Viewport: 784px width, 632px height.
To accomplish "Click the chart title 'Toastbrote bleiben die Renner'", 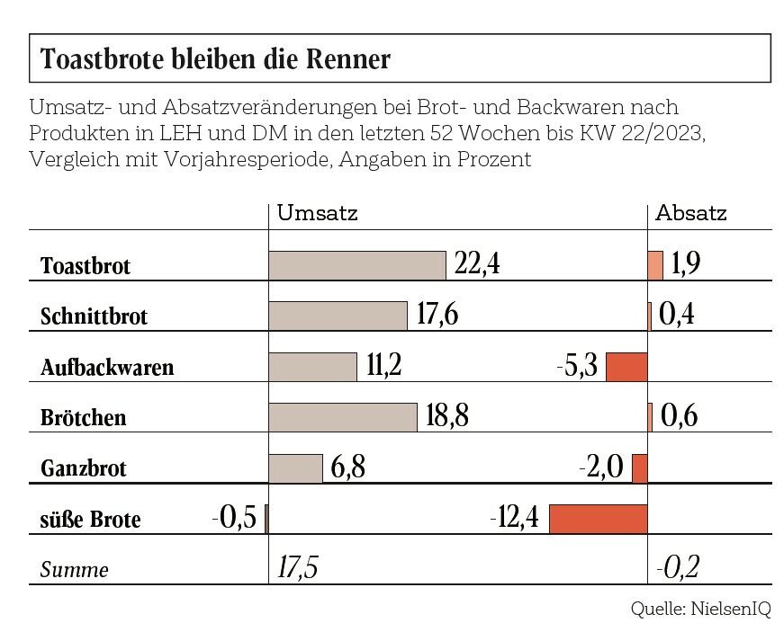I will [x=216, y=59].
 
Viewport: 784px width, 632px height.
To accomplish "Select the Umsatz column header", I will [x=317, y=214].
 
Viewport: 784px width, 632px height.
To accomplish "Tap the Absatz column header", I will [x=690, y=214].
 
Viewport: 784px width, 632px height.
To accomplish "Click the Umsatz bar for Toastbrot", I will [x=357, y=265].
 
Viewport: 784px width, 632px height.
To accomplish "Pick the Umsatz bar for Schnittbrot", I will [x=338, y=316].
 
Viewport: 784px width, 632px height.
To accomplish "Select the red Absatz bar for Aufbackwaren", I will [x=626, y=367].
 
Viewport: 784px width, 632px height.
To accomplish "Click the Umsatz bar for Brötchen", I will [x=343, y=417].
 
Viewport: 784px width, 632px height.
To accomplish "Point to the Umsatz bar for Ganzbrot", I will [x=295, y=468].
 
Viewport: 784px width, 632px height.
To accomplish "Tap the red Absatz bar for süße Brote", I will [x=598, y=519].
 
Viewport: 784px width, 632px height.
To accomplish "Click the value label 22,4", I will [x=478, y=264].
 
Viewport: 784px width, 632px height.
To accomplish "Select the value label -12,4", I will [x=515, y=519].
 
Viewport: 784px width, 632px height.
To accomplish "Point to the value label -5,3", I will [x=576, y=367].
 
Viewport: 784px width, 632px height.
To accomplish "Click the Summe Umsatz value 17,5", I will [x=300, y=568].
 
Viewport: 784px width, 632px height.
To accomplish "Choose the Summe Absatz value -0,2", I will [x=678, y=568].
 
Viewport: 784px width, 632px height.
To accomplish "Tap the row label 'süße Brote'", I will [x=91, y=521].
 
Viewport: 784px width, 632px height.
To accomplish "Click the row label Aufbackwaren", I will [x=107, y=368].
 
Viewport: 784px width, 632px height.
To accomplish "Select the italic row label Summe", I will [x=75, y=570].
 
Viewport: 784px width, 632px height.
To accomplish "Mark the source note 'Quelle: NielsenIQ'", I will [x=700, y=609].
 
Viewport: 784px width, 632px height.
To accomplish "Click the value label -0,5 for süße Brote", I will [x=234, y=519].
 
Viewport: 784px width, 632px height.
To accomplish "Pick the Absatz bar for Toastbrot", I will [x=655, y=265].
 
